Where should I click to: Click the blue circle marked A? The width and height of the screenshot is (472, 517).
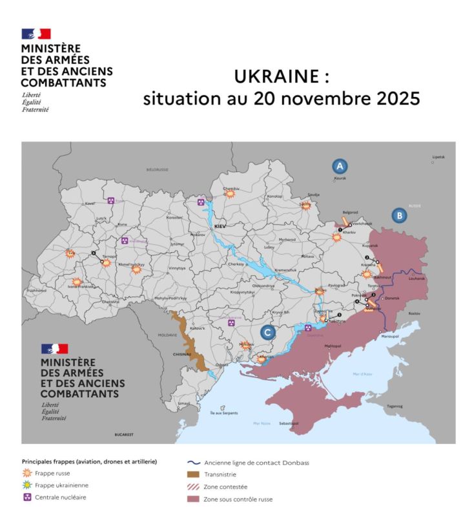tap(340, 165)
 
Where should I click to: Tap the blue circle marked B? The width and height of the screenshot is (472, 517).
tap(399, 215)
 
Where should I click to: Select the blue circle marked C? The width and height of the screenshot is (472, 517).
tap(269, 332)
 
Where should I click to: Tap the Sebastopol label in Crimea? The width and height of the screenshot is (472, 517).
tap(289, 423)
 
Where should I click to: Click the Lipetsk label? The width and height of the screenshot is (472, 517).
tap(439, 157)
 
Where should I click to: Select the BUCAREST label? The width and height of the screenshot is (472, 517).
tap(124, 435)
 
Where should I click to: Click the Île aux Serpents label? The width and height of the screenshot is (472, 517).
tap(221, 413)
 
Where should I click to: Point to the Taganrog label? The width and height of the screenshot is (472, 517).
tap(395, 406)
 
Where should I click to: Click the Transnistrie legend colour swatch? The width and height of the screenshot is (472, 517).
tap(192, 474)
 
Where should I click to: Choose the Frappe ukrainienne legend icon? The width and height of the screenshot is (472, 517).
tap(28, 485)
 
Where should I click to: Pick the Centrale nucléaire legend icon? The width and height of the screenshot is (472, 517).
tap(28, 497)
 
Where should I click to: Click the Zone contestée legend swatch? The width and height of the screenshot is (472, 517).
tap(192, 486)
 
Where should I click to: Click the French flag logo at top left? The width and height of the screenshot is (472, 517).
tap(36, 34)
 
